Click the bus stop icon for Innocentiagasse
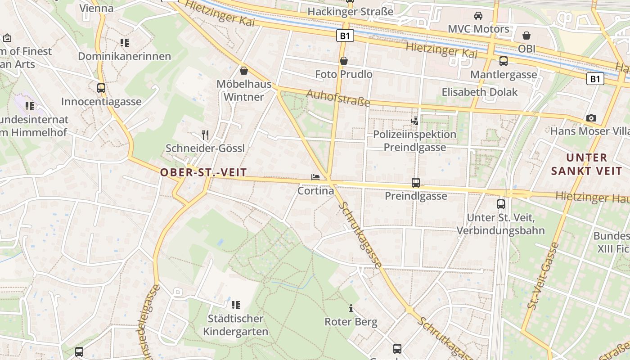click(x=101, y=88)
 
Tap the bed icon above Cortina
click(x=315, y=177)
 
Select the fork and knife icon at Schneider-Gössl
click(x=205, y=135)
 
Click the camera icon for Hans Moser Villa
click(x=591, y=118)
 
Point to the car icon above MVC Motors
click(x=478, y=16)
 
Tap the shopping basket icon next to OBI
click(x=526, y=36)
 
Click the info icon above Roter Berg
click(x=351, y=309)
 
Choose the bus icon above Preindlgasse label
click(x=416, y=183)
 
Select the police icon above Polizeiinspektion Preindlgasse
click(x=414, y=121)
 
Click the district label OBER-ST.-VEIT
click(x=203, y=172)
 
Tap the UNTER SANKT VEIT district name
click(x=586, y=164)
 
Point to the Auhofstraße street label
click(x=338, y=98)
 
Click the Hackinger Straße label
click(x=350, y=12)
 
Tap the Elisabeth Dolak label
click(x=480, y=92)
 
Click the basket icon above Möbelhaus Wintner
click(x=244, y=71)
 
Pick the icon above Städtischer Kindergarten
click(x=236, y=305)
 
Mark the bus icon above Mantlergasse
click(x=504, y=61)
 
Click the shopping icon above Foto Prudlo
click(x=344, y=61)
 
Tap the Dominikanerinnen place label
click(x=125, y=56)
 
